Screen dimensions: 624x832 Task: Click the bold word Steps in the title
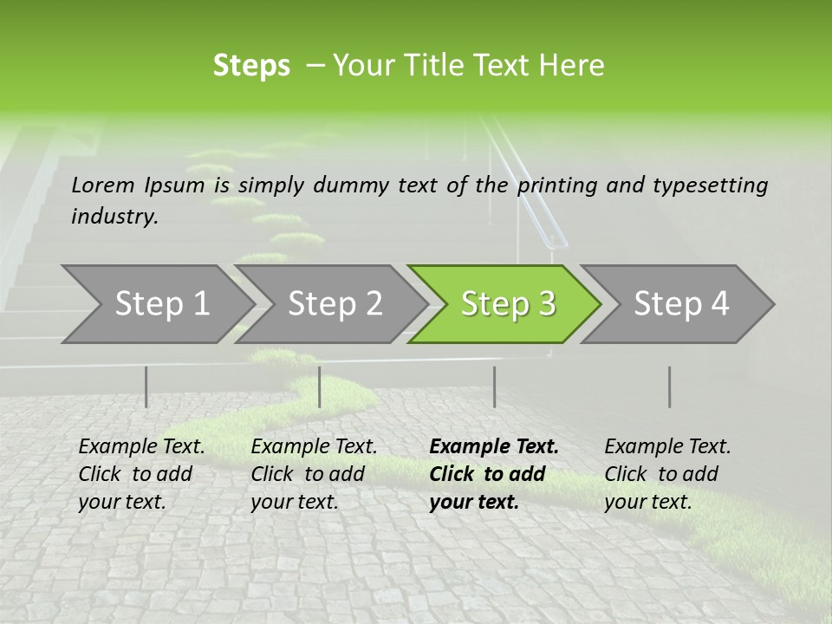pyautogui.click(x=251, y=66)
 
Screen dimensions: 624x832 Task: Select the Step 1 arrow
pyautogui.click(x=161, y=304)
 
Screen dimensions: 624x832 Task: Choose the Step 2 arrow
pyautogui.click(x=335, y=304)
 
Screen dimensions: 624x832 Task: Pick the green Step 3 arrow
pyautogui.click(x=507, y=304)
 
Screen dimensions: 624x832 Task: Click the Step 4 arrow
pyautogui.click(x=680, y=304)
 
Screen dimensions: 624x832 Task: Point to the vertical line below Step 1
pyautogui.click(x=146, y=387)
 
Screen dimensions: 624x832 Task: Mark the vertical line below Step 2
pyautogui.click(x=320, y=387)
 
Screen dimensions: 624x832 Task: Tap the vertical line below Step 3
pyautogui.click(x=494, y=387)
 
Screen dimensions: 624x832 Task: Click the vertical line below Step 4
pyautogui.click(x=669, y=387)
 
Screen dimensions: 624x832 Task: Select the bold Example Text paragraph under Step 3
pyautogui.click(x=494, y=474)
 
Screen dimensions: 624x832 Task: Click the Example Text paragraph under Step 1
pyautogui.click(x=141, y=474)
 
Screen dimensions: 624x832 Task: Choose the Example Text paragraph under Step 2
pyautogui.click(x=314, y=474)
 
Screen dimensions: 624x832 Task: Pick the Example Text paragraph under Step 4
pyautogui.click(x=667, y=474)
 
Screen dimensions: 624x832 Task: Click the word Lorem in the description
pyautogui.click(x=103, y=185)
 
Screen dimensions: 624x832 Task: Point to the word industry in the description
pyautogui.click(x=114, y=217)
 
